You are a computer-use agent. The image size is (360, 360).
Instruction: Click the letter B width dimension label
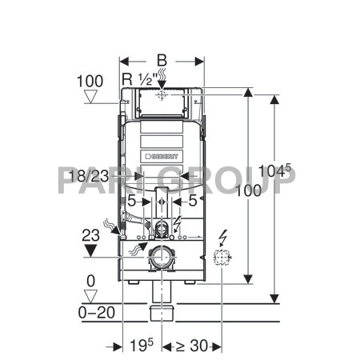coord(162,61)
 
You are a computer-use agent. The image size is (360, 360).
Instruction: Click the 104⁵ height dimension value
coord(275,170)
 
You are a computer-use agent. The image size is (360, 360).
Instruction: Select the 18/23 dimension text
coord(89,176)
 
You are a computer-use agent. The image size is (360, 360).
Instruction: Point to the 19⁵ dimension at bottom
coord(142,345)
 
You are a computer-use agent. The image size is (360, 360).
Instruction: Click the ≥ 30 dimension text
coord(192,346)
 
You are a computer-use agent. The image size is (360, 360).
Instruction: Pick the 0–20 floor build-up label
coord(97,312)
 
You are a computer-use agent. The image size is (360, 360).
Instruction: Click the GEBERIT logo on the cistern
coord(162,156)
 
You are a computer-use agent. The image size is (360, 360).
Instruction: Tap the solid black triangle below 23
coord(90,251)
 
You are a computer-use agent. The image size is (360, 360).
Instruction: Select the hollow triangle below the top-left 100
coord(90,97)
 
